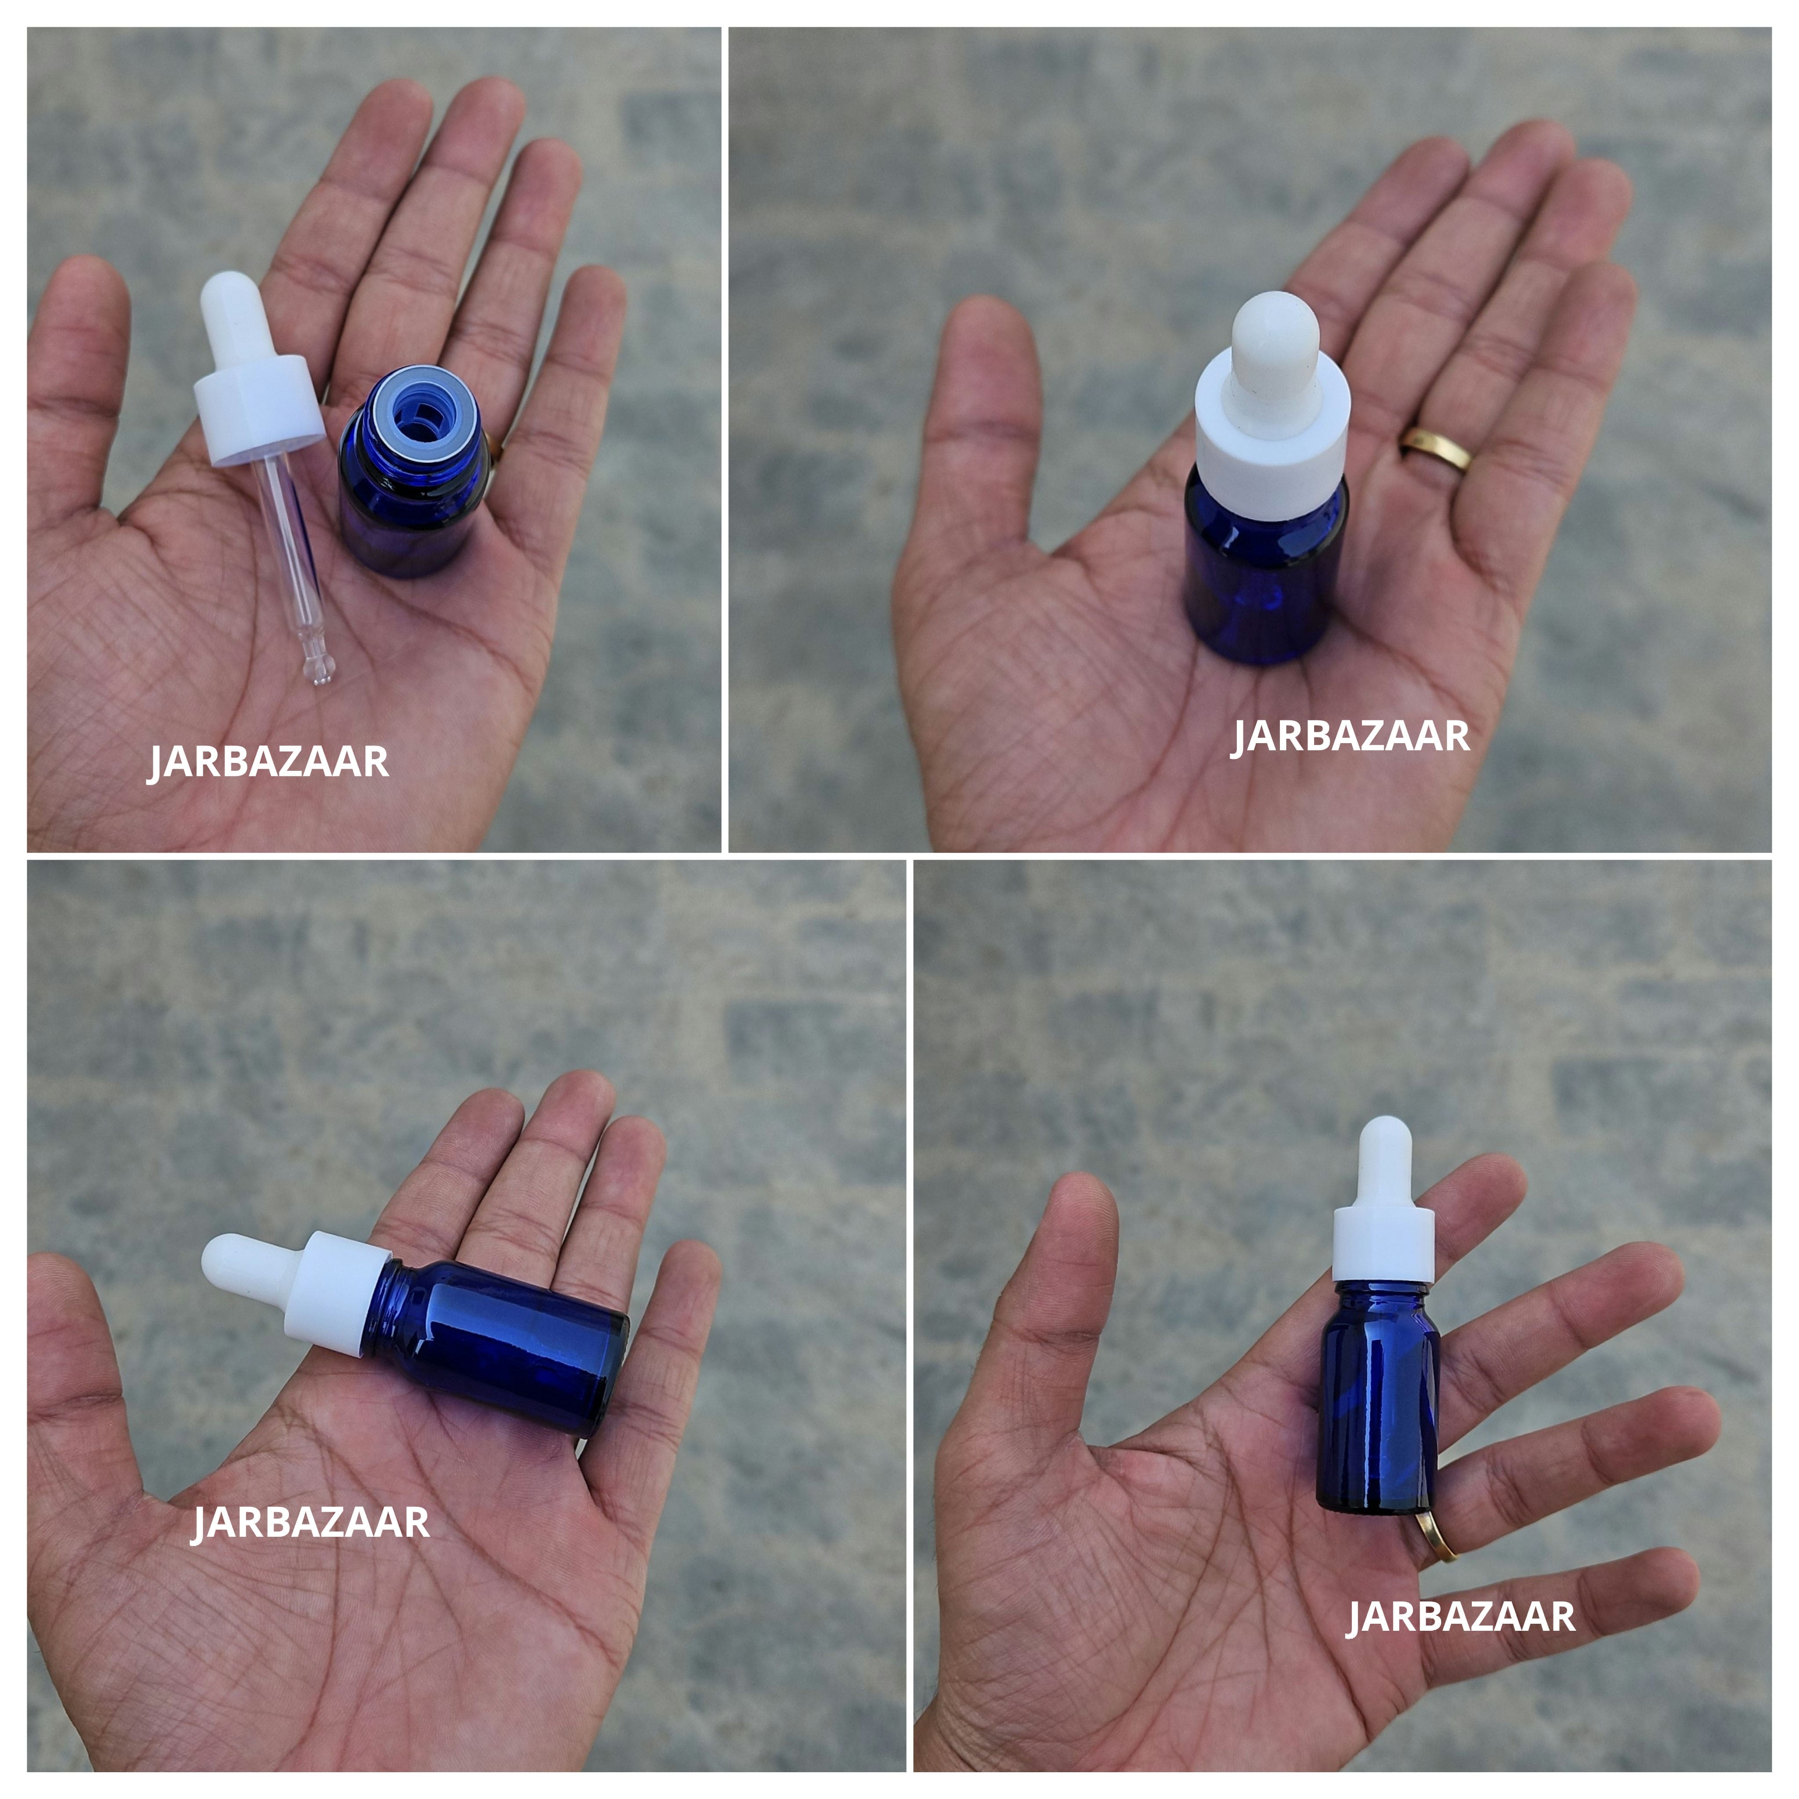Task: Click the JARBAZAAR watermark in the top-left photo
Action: point(268,762)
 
